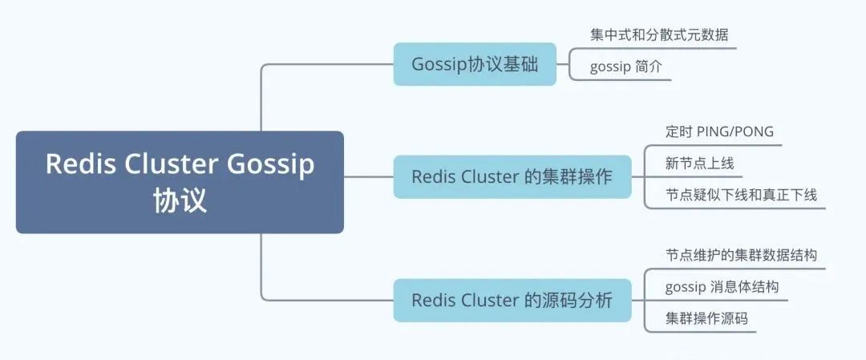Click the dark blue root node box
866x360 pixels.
(x=180, y=182)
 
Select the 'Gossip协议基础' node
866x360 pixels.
(x=475, y=64)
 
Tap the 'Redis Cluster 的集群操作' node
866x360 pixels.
(x=512, y=176)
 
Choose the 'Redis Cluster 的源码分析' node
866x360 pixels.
(x=512, y=301)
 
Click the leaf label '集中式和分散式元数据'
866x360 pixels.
(x=659, y=34)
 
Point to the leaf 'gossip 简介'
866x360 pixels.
(x=625, y=67)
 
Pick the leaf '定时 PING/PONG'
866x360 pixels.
(x=719, y=131)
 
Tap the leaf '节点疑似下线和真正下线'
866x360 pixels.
(x=741, y=195)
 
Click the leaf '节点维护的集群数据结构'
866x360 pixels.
(x=741, y=255)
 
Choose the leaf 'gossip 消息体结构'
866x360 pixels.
(x=722, y=287)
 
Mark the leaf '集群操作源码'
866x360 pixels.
(x=707, y=318)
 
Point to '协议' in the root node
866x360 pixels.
(x=180, y=200)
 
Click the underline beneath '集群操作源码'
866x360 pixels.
(x=700, y=333)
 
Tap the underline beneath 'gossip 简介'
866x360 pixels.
(x=620, y=80)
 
